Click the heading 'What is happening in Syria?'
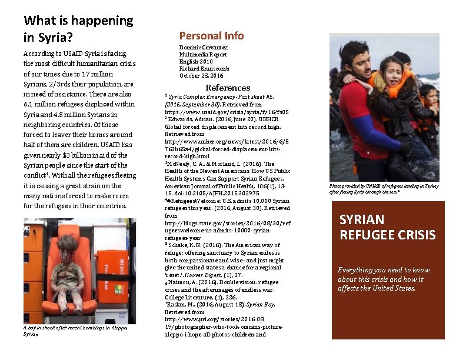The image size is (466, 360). (78, 29)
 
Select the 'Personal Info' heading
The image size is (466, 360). (211, 35)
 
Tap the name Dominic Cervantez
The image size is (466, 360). (203, 47)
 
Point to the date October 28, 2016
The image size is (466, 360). (201, 75)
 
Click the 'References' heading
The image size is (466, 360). (227, 88)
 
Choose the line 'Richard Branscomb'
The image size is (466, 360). (204, 68)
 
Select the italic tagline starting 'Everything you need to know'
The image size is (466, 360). (384, 279)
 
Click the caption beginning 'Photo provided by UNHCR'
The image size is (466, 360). (384, 189)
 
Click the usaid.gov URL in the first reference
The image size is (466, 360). (226, 111)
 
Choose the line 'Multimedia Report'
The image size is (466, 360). (203, 54)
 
